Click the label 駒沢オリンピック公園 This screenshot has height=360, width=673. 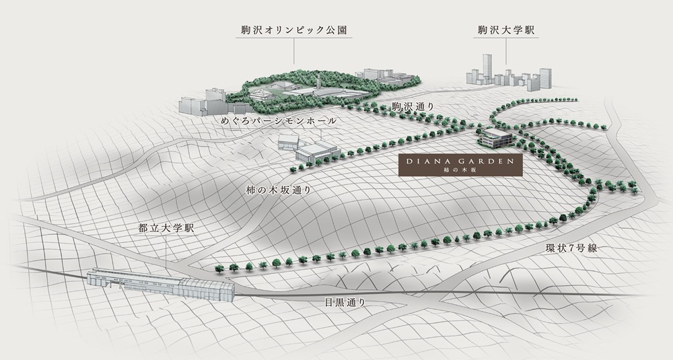(x=293, y=30)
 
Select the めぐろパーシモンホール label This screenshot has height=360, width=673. (x=279, y=121)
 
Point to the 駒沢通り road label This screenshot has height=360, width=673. (x=413, y=107)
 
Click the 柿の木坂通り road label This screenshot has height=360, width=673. (x=279, y=190)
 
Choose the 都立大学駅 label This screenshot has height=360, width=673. (x=166, y=228)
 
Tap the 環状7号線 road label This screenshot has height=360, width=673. (x=571, y=248)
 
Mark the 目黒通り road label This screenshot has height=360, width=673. (x=345, y=303)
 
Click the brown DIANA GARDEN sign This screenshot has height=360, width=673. (x=460, y=166)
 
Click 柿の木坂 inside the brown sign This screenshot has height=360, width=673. (x=460, y=170)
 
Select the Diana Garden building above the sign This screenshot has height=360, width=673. (x=495, y=138)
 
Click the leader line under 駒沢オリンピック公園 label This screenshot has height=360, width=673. (x=294, y=51)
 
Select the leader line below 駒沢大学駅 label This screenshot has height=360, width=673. (x=506, y=51)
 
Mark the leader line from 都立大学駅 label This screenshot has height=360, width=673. (x=166, y=253)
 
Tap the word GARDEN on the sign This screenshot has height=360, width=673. (x=488, y=161)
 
